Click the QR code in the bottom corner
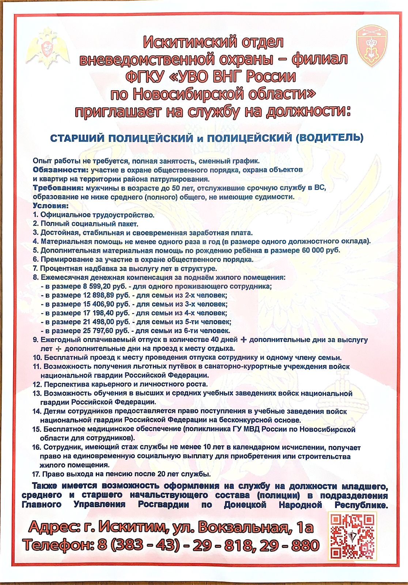click(352, 536)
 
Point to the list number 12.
click(37, 384)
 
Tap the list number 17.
click(37, 474)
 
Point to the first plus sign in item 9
click(243, 340)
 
